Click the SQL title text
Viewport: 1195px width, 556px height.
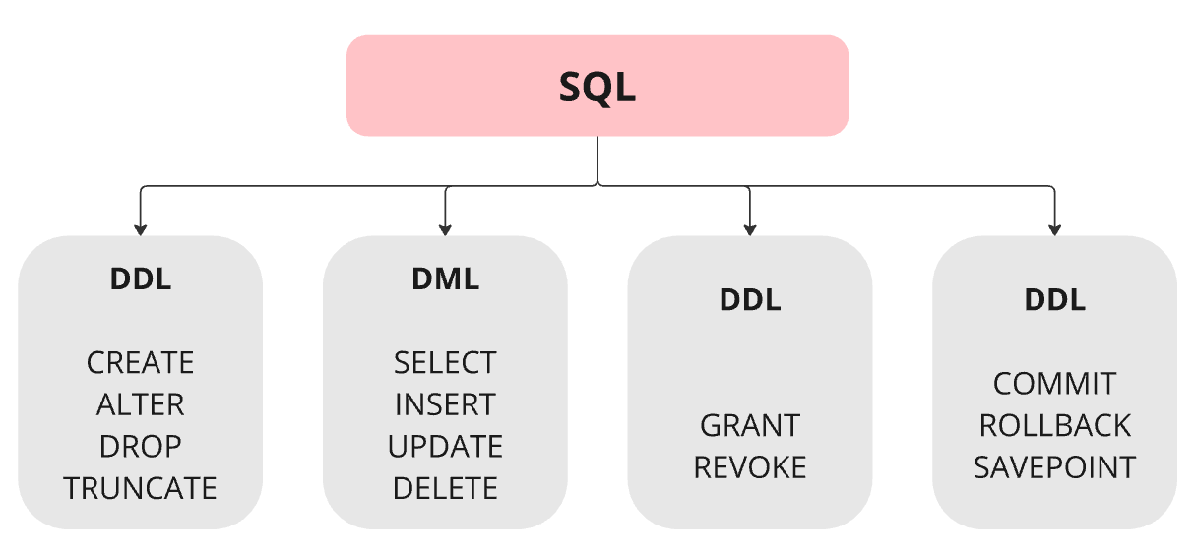coord(597,88)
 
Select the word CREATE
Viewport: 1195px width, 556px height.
coord(141,363)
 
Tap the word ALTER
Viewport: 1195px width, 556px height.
coord(141,404)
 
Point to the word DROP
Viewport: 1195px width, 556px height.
coord(141,446)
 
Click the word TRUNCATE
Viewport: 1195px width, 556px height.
coord(141,488)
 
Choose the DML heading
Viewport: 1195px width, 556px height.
coord(445,279)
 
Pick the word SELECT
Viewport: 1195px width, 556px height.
coord(445,363)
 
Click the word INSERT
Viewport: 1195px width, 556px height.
coord(445,404)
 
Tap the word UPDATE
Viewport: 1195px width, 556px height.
coord(445,446)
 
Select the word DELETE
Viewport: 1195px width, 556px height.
coord(445,488)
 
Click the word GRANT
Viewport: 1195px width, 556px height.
coord(750,425)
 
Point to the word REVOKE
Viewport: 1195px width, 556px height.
coord(750,467)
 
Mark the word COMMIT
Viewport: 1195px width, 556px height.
coord(1054,384)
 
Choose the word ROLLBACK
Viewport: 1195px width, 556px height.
coord(1054,425)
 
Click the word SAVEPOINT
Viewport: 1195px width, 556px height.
coord(1054,467)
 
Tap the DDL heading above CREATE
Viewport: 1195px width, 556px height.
coord(141,279)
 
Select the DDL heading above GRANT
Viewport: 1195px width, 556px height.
coord(750,300)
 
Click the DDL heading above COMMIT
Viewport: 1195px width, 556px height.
coord(1054,300)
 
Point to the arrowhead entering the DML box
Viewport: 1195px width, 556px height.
coord(445,229)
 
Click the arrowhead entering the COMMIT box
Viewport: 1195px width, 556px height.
coord(1054,229)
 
